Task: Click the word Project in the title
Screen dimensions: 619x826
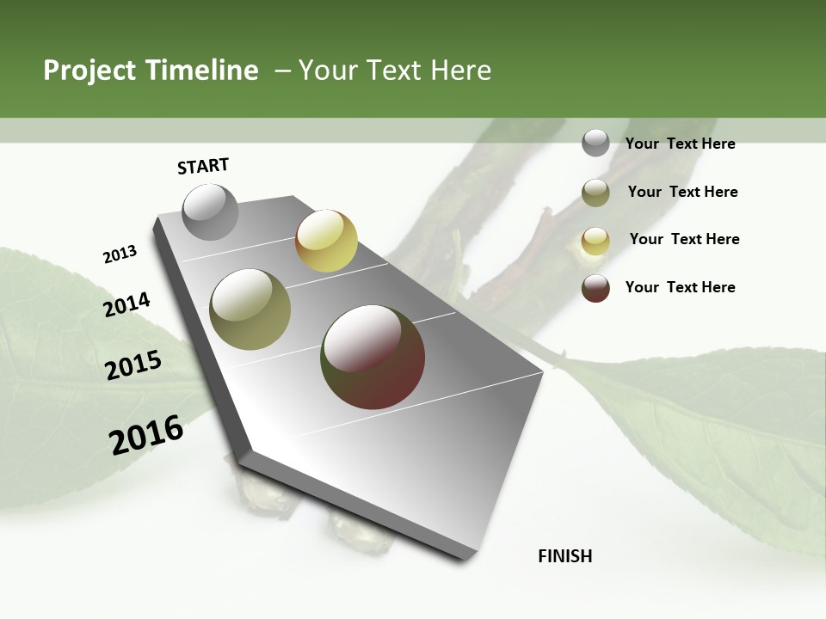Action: coord(89,71)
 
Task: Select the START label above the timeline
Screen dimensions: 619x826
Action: coord(203,166)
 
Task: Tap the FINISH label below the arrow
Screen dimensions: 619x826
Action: coord(565,556)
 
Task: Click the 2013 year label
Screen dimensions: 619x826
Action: coord(120,254)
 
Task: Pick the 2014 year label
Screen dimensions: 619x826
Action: coord(126,305)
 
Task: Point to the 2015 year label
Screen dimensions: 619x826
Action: coord(133,365)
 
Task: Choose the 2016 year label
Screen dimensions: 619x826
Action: coord(146,435)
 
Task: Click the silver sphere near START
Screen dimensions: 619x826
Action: coord(211,212)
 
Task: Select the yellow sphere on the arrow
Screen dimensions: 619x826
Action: coord(326,241)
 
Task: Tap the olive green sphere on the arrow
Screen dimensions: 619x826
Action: coord(250,309)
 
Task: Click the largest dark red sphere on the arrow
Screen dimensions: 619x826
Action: coord(373,357)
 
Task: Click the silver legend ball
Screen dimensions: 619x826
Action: coord(595,143)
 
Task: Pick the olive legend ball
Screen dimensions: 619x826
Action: coord(595,193)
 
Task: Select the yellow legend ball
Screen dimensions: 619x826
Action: coord(595,241)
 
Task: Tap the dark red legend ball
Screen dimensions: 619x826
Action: coord(595,288)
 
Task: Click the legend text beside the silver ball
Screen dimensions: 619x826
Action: coord(680,144)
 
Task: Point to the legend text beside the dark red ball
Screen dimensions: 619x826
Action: coord(680,287)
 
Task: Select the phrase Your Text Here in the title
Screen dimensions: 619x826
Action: coord(395,70)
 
